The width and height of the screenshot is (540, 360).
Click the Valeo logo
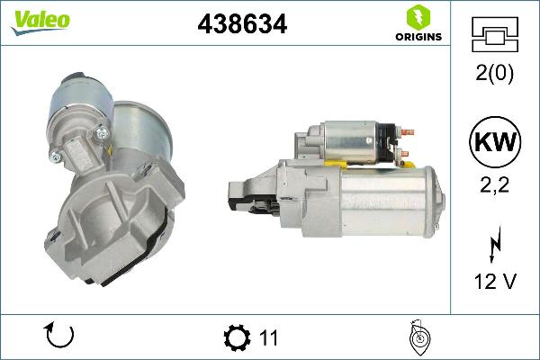(40, 21)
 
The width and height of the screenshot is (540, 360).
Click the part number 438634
(241, 26)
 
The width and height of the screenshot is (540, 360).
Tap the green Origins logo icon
(416, 17)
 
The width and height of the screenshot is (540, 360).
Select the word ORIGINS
(416, 37)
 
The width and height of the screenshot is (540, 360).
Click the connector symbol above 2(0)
(494, 36)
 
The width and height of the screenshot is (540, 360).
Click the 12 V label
(494, 282)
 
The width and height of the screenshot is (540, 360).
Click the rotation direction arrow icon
(58, 337)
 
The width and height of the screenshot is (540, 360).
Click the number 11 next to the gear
(267, 338)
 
